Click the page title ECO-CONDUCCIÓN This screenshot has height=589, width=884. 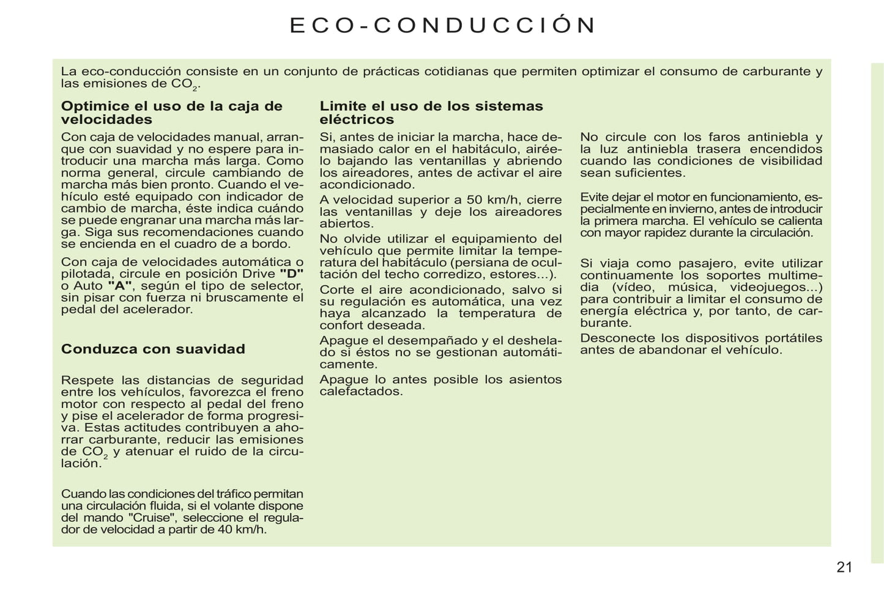(442, 26)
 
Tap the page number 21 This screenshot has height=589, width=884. (844, 567)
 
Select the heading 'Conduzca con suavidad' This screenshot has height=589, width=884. (153, 349)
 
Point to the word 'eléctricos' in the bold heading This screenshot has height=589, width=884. (357, 120)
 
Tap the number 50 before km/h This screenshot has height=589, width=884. (474, 200)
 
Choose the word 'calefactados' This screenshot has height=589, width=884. (361, 391)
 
